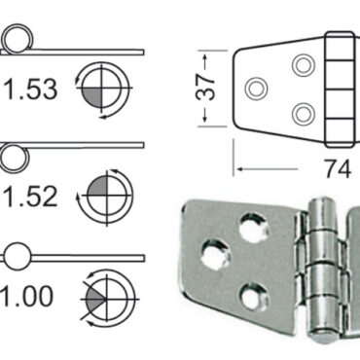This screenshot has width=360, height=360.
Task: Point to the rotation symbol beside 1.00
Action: [103, 297]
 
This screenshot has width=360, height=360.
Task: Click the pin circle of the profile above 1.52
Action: [13, 154]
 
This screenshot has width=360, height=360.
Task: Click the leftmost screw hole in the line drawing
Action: [258, 89]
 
